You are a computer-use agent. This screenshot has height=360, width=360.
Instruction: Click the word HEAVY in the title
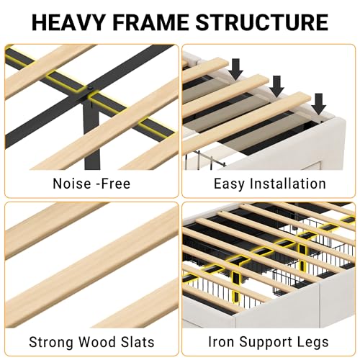(x=68, y=22)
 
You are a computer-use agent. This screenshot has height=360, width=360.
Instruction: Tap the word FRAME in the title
(x=150, y=22)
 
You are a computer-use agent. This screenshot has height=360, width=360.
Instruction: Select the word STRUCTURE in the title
(x=261, y=22)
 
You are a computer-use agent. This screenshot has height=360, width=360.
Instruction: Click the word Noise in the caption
(x=72, y=184)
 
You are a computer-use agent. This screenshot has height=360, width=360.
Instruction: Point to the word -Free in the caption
(x=113, y=184)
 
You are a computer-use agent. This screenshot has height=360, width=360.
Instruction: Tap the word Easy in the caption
(x=229, y=184)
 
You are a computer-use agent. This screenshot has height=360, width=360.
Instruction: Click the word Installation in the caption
(x=287, y=184)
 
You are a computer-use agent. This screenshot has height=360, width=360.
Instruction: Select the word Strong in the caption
(x=51, y=342)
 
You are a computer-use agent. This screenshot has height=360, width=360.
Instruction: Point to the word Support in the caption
(x=266, y=343)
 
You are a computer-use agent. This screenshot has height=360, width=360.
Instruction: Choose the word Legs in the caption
(x=313, y=343)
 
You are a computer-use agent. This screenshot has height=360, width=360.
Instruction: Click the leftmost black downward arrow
(x=235, y=69)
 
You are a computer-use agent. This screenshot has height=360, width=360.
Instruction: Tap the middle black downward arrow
(x=276, y=86)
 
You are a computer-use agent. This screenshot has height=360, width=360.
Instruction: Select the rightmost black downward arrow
(x=319, y=104)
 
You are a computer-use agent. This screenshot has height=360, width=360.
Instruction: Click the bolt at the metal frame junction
(x=90, y=89)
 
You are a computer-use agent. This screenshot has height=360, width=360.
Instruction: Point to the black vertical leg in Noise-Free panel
(x=91, y=135)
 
